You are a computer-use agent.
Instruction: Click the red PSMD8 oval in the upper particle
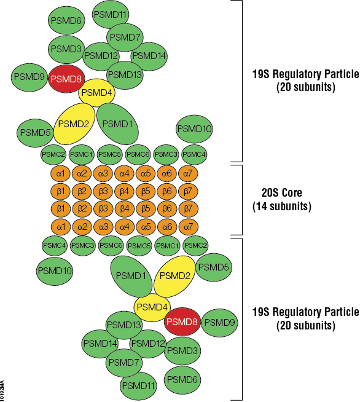[x=66, y=79]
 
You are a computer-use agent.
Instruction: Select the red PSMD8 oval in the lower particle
[x=182, y=321]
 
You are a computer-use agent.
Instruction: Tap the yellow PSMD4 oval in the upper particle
[x=96, y=93]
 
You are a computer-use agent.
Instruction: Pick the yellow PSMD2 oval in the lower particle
[x=174, y=276]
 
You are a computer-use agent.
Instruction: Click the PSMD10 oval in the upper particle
[x=195, y=128]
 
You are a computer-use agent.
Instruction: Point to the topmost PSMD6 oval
[x=66, y=20]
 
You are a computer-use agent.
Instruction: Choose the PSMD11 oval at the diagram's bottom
[x=138, y=385]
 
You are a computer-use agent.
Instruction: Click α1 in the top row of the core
[x=60, y=174]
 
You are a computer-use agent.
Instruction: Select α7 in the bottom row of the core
[x=189, y=227]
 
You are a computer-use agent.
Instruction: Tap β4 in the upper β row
[x=124, y=191]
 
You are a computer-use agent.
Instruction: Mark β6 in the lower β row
[x=167, y=209]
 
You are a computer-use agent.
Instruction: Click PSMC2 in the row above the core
[x=53, y=154]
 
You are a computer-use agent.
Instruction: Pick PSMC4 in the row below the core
[x=55, y=245]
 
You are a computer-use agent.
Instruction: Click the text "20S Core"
[x=282, y=193]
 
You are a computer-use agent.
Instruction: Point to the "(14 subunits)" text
[x=282, y=206]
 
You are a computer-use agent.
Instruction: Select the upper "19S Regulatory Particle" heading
[x=306, y=74]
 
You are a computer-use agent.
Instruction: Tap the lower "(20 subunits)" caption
[x=306, y=325]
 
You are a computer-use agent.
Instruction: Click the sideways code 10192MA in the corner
[x=2, y=391]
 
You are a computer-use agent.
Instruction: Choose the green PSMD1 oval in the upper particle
[x=117, y=124]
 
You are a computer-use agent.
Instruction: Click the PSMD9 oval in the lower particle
[x=220, y=323]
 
